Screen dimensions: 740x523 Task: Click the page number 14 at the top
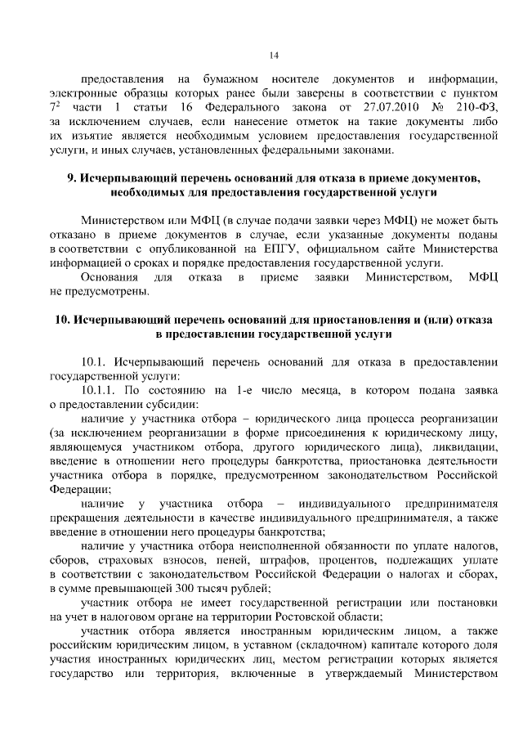pos(274,55)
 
